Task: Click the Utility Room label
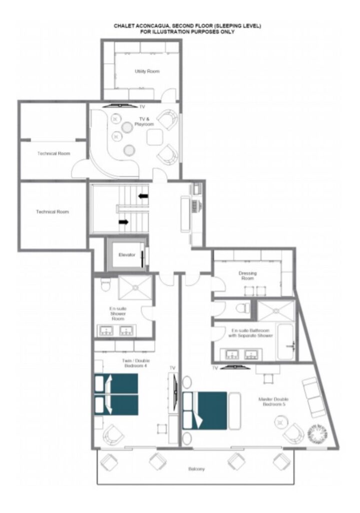[147, 71]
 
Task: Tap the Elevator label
[127, 255]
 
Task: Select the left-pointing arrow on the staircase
[143, 196]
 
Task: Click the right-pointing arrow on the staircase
[124, 222]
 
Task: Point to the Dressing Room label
[247, 276]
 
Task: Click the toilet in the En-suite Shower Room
[106, 285]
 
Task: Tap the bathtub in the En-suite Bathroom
[286, 342]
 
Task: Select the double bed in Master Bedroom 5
[205, 410]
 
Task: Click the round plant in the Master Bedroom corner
[316, 433]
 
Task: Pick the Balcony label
[196, 469]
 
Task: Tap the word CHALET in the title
[123, 26]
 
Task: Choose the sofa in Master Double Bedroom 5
[314, 397]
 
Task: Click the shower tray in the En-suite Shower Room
[135, 287]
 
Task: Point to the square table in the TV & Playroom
[155, 137]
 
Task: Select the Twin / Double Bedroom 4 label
[136, 363]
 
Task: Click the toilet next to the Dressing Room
[243, 308]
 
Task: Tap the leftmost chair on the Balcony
[109, 462]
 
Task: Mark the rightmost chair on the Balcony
[282, 461]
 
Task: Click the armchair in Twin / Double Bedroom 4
[113, 435]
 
